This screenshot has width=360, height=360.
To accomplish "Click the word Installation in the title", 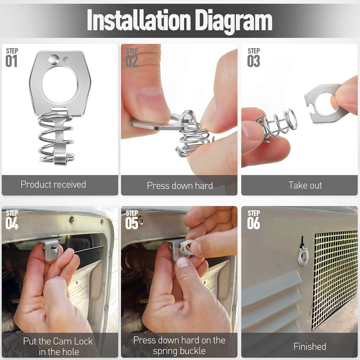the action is click(139, 20).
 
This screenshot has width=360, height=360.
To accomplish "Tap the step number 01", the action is click(12, 61).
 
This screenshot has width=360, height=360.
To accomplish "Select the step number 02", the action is click(132, 61).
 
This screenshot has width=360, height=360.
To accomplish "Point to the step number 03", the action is click(253, 61).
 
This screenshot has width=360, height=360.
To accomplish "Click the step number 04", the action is click(12, 224).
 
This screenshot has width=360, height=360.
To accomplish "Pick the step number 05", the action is click(132, 224).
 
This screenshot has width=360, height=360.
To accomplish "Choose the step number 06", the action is click(253, 224).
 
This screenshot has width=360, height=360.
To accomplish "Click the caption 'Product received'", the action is click(53, 184).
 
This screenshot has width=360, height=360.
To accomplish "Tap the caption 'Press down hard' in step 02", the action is click(180, 185).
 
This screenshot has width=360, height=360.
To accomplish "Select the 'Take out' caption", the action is click(305, 185).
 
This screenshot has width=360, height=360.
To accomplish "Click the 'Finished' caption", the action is click(310, 346).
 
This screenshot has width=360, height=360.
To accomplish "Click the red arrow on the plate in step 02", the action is click(167, 125).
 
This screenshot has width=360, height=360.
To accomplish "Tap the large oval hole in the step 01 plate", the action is click(60, 84).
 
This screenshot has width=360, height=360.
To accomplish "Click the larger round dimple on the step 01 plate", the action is click(54, 60).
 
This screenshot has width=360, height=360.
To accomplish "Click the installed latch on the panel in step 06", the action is click(303, 254).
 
